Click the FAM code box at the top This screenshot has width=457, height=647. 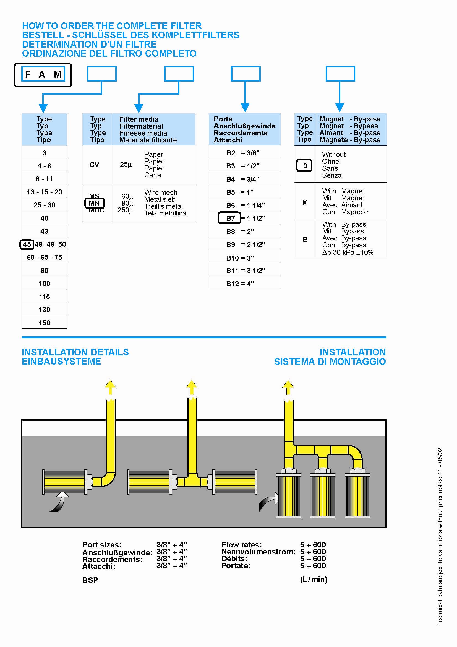(x=43, y=75)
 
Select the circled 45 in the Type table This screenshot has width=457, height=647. (x=27, y=244)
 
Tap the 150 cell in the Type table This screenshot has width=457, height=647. (x=45, y=323)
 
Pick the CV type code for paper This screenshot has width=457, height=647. (x=94, y=165)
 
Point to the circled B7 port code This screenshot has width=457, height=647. (x=230, y=218)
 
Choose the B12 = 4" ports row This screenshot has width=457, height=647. (x=240, y=284)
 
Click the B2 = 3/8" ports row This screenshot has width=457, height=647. (x=243, y=153)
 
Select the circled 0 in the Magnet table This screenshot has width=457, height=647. (x=304, y=165)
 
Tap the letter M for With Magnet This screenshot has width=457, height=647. (x=305, y=202)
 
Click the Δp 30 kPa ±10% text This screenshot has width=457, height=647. (x=348, y=253)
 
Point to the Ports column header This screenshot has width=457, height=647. (x=244, y=129)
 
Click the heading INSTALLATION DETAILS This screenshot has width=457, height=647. (x=75, y=352)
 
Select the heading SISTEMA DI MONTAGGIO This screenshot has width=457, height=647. (x=330, y=362)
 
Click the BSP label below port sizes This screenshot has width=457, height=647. (x=90, y=580)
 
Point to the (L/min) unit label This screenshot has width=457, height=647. (x=314, y=580)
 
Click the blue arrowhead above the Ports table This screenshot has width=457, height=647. (x=245, y=107)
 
